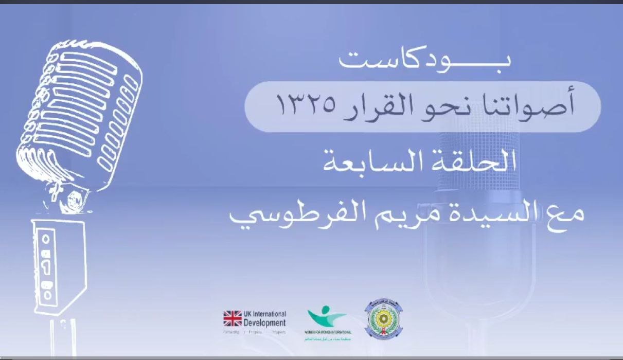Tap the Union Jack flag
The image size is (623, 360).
click(233, 318)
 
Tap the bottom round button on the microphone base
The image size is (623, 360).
click(48, 295)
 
